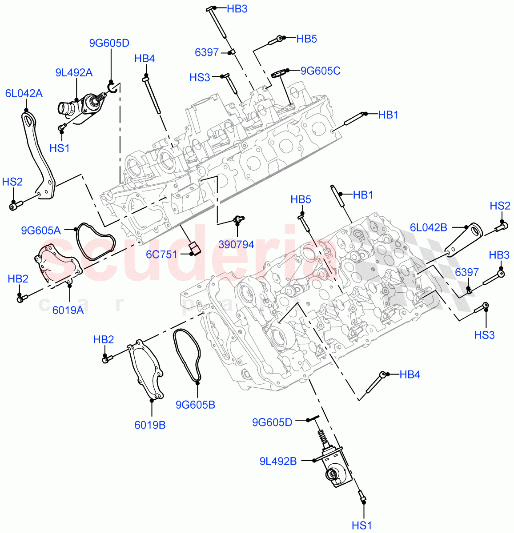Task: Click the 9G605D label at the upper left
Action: [109, 43]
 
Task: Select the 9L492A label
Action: [74, 72]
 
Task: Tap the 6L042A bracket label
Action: [24, 93]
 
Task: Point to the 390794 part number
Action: [236, 244]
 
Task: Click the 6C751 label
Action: [162, 255]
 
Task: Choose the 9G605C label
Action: [320, 71]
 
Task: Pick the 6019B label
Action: [150, 425]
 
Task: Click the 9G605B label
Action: [195, 405]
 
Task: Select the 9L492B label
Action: [278, 461]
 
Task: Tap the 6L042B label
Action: [428, 227]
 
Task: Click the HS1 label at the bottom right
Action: [361, 525]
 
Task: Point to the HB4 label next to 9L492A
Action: [145, 59]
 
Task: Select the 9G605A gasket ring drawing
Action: [94, 243]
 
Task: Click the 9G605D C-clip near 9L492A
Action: [112, 87]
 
